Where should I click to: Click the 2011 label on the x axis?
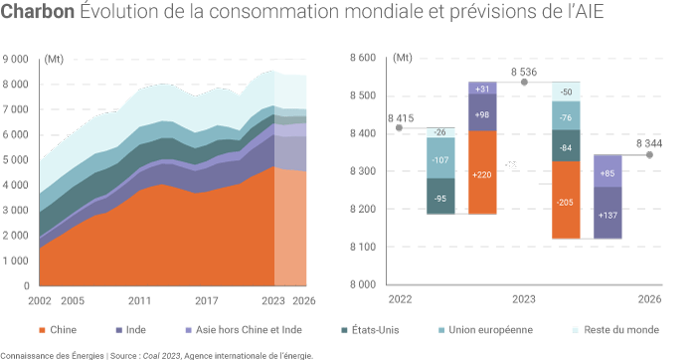pos(139,300)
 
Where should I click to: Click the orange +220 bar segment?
pos(482,173)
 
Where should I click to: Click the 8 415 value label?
pos(398,115)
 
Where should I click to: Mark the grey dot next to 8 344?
pos(649,154)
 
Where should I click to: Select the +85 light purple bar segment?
pos(608,171)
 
